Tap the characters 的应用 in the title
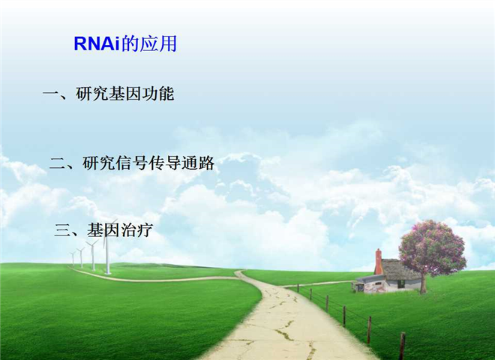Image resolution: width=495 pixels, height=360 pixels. (x=149, y=43)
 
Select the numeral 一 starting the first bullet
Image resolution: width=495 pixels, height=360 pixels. (x=50, y=93)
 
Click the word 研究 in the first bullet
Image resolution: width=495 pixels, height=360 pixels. (x=92, y=94)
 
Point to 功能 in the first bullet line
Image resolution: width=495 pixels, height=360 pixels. (x=157, y=94)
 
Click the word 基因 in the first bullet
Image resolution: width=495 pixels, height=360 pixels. (x=125, y=94)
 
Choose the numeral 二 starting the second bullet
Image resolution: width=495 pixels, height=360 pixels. (x=58, y=163)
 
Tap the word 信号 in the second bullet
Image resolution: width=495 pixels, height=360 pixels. (x=132, y=163)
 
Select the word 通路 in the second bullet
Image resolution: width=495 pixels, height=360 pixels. (x=198, y=163)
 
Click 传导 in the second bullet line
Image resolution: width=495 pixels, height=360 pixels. (x=165, y=163)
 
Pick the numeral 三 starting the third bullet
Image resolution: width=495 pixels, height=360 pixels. (x=61, y=229)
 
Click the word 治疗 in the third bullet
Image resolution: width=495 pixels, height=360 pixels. (x=136, y=229)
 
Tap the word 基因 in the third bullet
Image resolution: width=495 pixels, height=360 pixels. (x=103, y=229)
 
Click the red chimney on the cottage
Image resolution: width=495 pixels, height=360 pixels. (x=378, y=262)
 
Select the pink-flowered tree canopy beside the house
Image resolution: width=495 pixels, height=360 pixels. (x=432, y=248)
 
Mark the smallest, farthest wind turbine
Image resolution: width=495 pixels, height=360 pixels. (x=73, y=258)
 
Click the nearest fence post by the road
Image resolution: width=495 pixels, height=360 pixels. (x=403, y=346)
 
